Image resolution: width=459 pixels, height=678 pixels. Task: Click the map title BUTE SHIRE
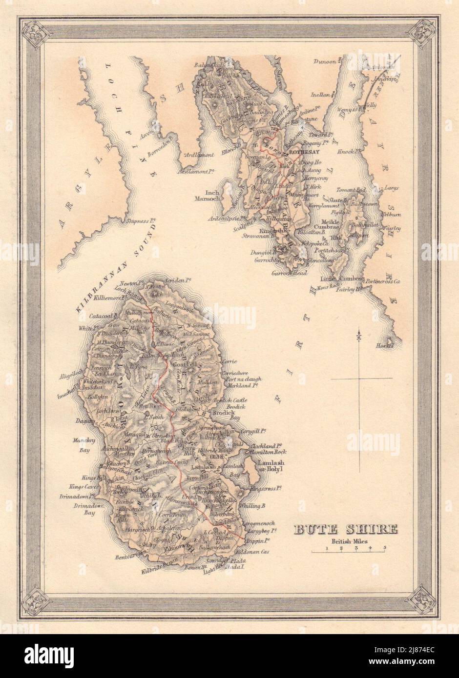pyautogui.click(x=345, y=529)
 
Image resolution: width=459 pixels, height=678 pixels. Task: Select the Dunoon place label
pyautogui.click(x=325, y=61)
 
